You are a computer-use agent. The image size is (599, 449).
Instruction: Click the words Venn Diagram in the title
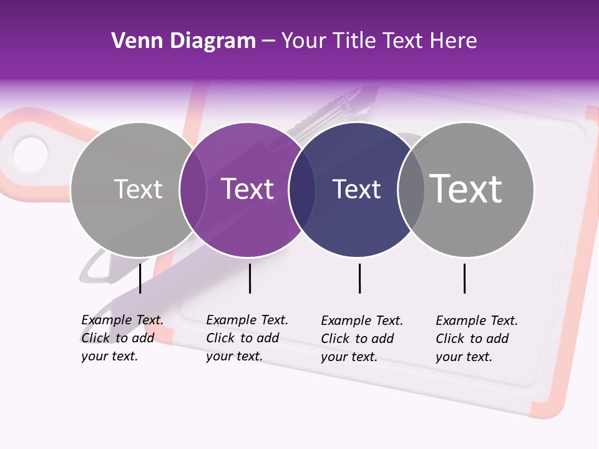[x=183, y=41]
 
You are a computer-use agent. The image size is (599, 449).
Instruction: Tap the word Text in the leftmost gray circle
[x=138, y=189]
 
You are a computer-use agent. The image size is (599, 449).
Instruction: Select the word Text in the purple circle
[x=248, y=189]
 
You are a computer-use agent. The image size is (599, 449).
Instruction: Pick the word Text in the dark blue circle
[x=356, y=189]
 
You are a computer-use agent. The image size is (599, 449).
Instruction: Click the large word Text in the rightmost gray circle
[x=466, y=188]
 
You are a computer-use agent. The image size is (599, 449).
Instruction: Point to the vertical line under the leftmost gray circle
[x=140, y=278]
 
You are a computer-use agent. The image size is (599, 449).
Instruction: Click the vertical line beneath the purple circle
[x=250, y=278]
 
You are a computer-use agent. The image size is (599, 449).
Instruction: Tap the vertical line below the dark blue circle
[x=359, y=278]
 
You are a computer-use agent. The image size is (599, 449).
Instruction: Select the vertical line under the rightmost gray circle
[x=464, y=278]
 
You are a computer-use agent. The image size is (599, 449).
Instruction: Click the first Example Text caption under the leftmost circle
[x=122, y=338]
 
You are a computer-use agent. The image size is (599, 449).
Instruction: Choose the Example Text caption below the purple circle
[x=247, y=338]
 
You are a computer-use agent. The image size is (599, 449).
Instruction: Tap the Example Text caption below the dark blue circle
[x=362, y=339]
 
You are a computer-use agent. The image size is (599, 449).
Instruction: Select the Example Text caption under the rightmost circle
[x=477, y=339]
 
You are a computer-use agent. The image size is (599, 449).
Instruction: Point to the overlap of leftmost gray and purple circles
[x=193, y=190]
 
